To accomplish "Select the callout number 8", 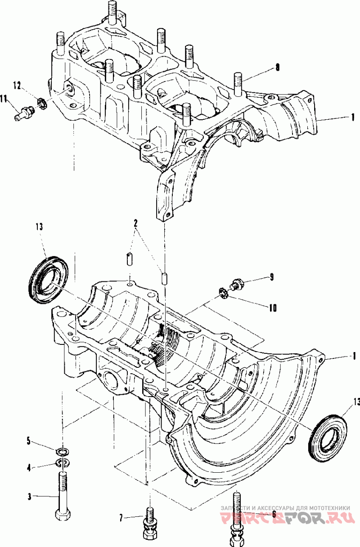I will point(277,68).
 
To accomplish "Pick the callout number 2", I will point(135,223).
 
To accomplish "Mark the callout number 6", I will point(273,513).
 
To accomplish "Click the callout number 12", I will point(17,85).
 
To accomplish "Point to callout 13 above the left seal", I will point(39,227).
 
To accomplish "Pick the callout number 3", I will point(29,497).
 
